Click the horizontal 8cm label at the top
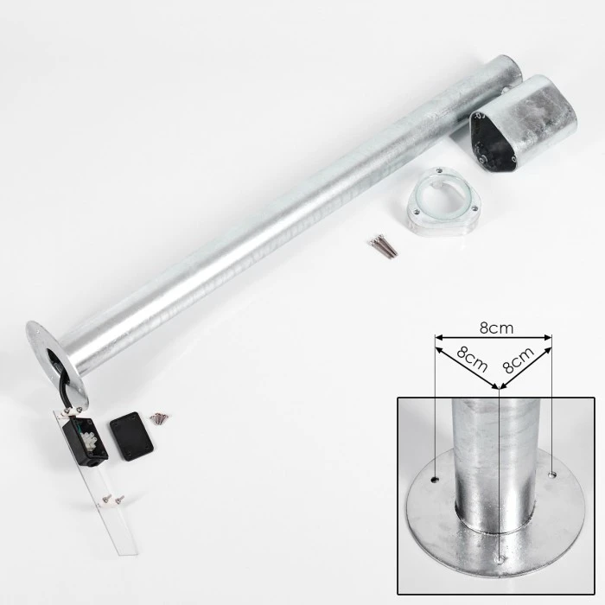(497, 328)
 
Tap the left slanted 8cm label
(472, 360)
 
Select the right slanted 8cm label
(519, 360)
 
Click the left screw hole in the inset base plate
(436, 480)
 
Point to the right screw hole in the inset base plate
(552, 474)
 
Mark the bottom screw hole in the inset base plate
(500, 559)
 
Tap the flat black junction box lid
(131, 436)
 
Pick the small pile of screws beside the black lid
(159, 417)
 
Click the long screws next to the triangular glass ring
(383, 245)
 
